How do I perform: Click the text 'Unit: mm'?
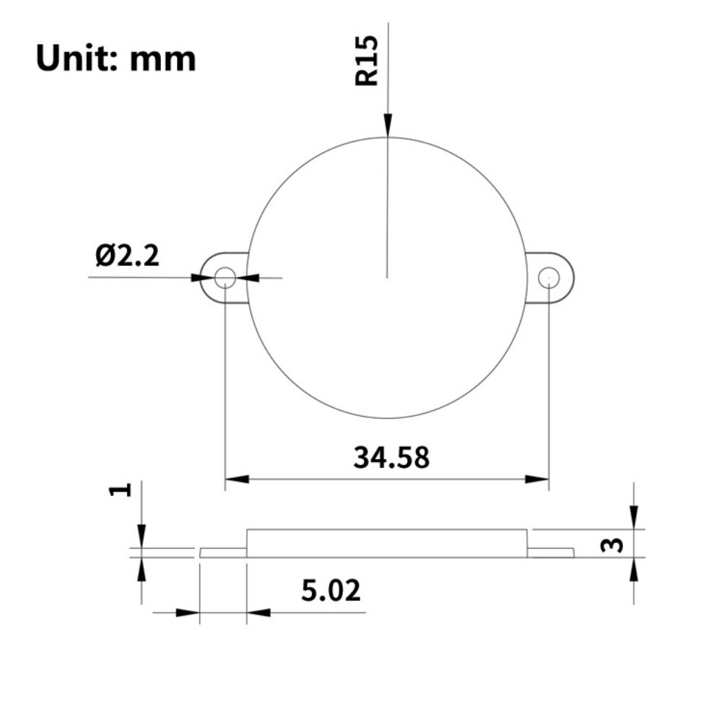click(116, 58)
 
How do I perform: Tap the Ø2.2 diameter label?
click(127, 256)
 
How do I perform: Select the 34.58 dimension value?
click(391, 457)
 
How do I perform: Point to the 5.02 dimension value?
click(331, 591)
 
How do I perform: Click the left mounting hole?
click(225, 277)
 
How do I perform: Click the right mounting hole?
click(549, 277)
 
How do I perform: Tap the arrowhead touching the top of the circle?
click(388, 126)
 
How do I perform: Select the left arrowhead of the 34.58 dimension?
click(237, 479)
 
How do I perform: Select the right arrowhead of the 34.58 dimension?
click(537, 479)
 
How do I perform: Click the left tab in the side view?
click(223, 552)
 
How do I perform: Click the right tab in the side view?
click(551, 552)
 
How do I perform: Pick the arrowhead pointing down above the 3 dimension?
click(634, 518)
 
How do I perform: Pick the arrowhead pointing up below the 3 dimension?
click(634, 570)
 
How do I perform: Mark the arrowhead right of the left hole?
click(248, 277)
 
